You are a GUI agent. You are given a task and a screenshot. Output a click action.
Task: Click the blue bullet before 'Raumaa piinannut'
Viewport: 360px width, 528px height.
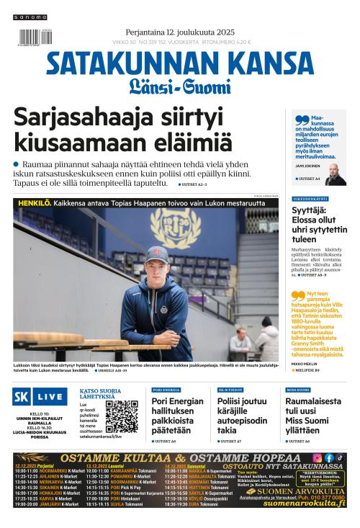(17, 165)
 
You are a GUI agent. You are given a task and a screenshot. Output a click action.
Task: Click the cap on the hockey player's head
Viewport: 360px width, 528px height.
(153, 254)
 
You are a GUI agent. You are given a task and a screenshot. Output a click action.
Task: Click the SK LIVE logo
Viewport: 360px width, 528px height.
(40, 398)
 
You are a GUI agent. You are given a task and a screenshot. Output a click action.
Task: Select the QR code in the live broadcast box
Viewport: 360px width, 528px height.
(122, 416)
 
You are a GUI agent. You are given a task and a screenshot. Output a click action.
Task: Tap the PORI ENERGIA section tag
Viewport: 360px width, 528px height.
(166, 389)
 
